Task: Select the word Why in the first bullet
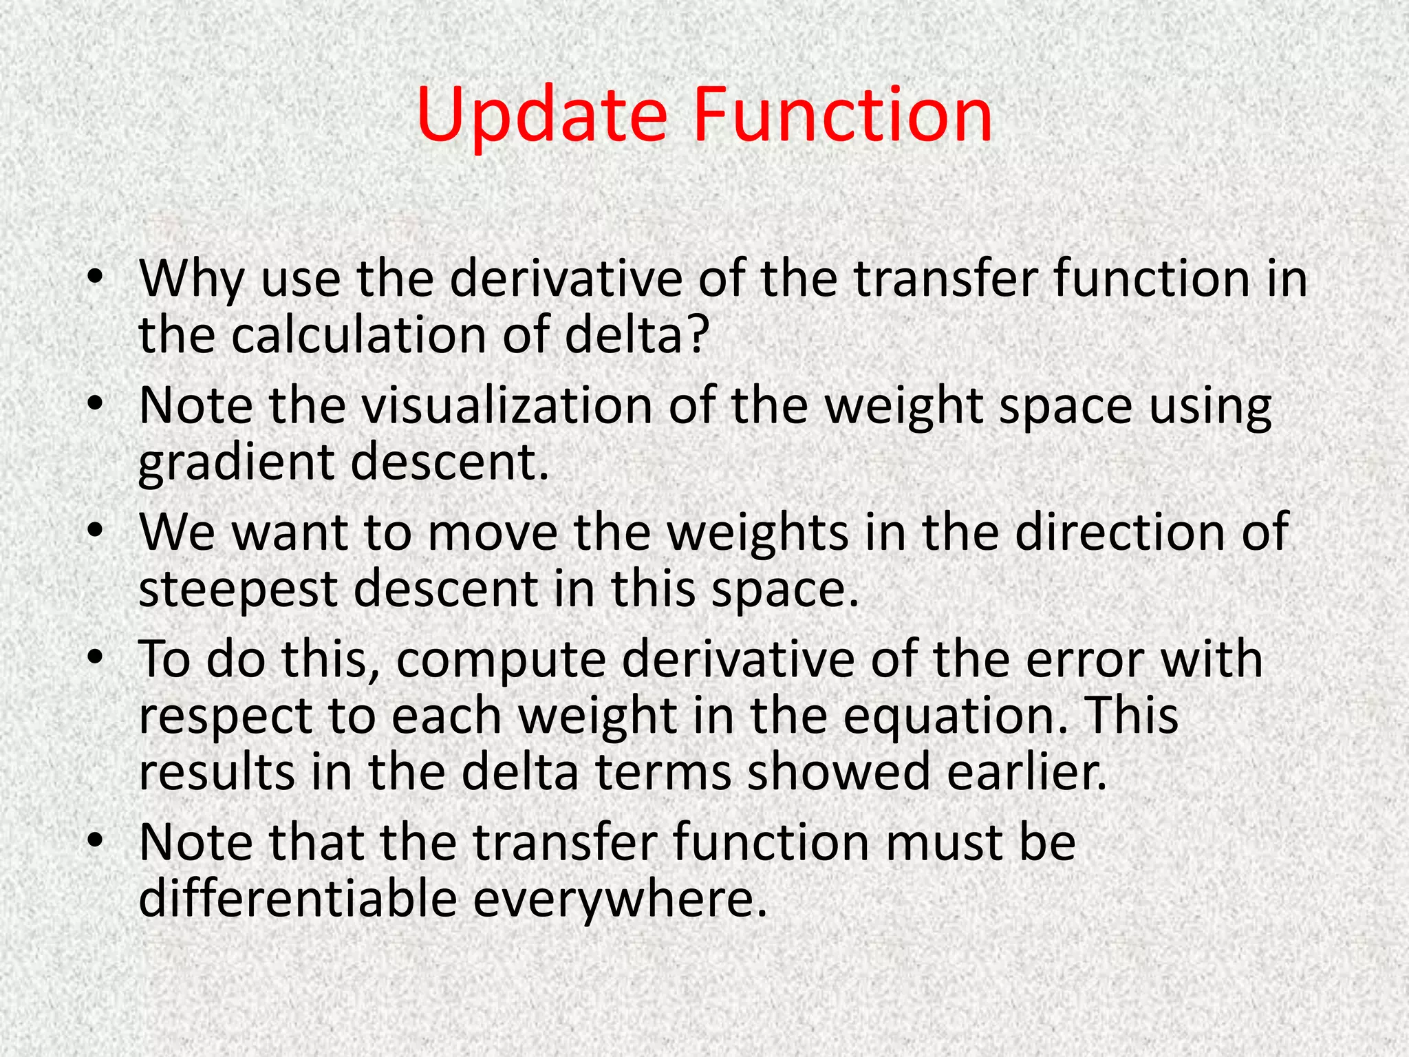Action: (191, 279)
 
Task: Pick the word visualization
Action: (507, 406)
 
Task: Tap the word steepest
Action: (238, 590)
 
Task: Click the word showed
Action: (839, 772)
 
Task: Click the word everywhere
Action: (619, 900)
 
